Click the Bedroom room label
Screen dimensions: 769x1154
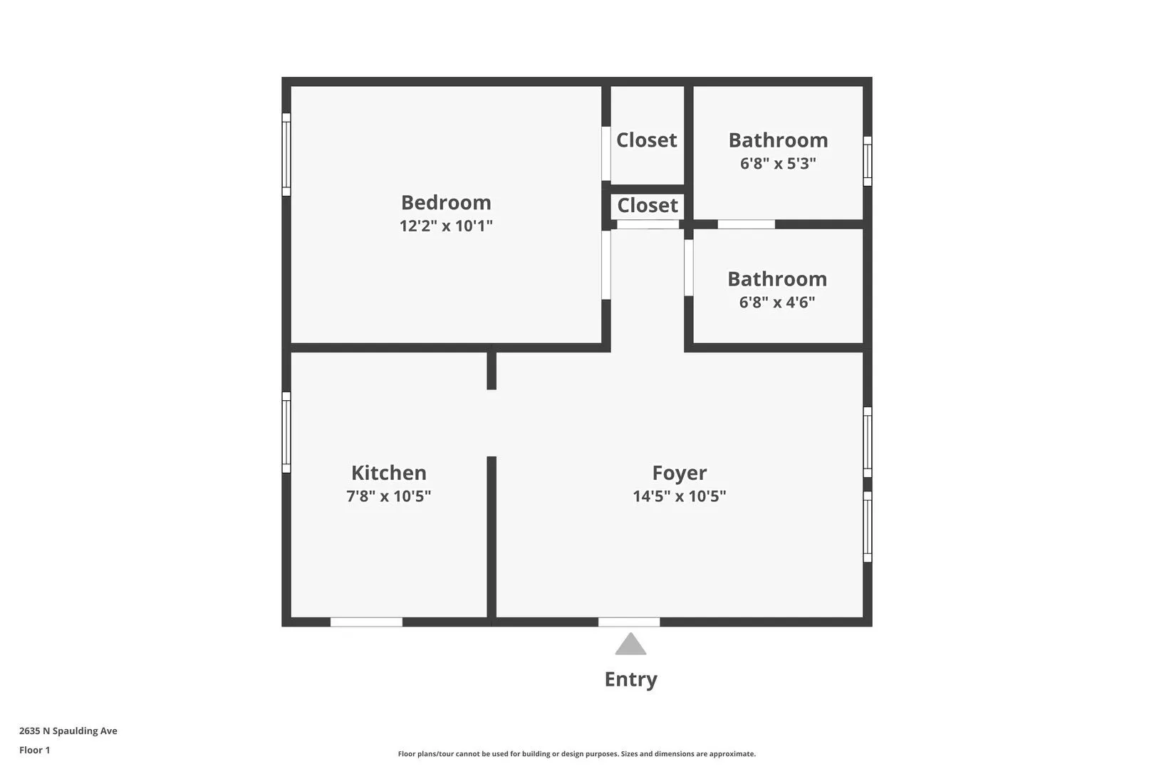(446, 203)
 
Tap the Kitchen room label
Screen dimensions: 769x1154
(389, 474)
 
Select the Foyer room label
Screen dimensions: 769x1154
(680, 474)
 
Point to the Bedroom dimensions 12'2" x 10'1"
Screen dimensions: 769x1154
(446, 226)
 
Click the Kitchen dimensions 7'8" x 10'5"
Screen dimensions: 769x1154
(389, 496)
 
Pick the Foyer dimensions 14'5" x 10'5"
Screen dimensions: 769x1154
(680, 496)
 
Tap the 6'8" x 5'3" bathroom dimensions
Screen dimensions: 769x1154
(778, 164)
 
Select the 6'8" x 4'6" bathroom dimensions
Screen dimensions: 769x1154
(777, 303)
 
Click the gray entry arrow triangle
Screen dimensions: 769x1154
(630, 645)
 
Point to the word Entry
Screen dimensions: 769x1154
(630, 679)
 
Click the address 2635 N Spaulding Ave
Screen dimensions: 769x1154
(68, 731)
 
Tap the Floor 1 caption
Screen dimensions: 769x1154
(35, 750)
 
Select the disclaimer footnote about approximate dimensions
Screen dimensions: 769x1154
(576, 754)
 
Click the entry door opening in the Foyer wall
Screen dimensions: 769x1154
(629, 622)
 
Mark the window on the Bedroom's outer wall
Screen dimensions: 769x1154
(286, 155)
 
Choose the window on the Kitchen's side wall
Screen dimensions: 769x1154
(286, 432)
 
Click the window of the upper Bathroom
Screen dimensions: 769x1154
(868, 161)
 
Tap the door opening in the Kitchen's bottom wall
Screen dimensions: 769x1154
(366, 622)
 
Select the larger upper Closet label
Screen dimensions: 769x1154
(647, 140)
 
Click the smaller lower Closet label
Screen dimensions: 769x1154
(648, 206)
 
